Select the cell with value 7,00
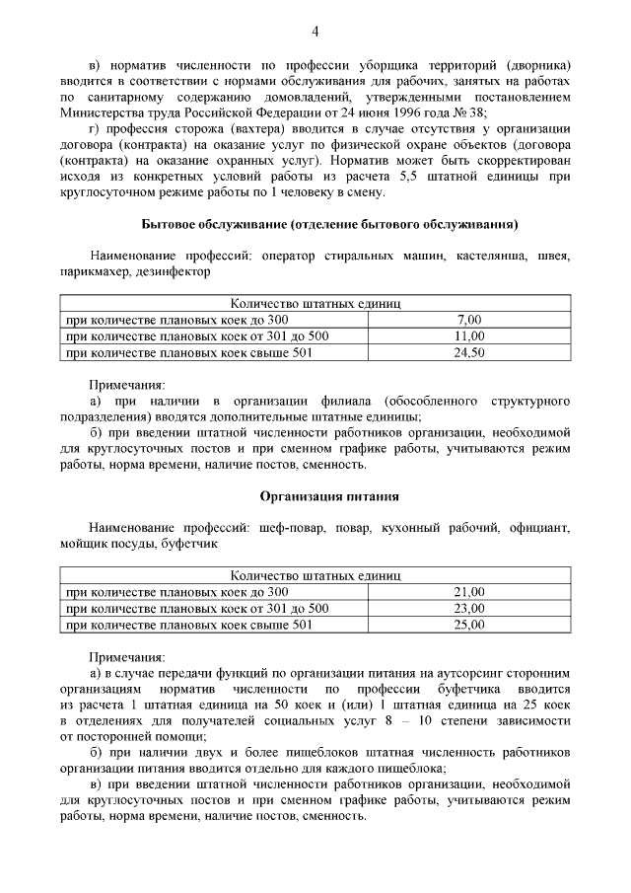pyautogui.click(x=469, y=321)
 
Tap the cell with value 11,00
pyautogui.click(x=469, y=336)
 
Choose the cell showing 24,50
pyautogui.click(x=469, y=352)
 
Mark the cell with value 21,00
pyautogui.click(x=469, y=592)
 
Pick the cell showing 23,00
pyautogui.click(x=469, y=608)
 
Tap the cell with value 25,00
pyautogui.click(x=469, y=624)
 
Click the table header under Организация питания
pyautogui.click(x=315, y=575)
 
